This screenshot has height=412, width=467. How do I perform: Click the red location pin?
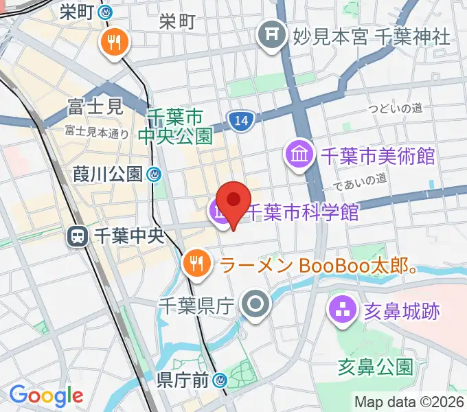(234, 201)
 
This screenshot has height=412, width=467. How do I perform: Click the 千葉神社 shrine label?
(412, 34)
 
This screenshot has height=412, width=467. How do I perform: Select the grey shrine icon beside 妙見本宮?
(272, 33)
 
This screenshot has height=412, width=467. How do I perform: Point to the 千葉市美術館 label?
(378, 155)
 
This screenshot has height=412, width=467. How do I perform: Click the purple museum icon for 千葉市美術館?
(300, 154)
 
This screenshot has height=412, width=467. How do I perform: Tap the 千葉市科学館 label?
(302, 212)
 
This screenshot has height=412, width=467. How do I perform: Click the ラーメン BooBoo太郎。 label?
(319, 264)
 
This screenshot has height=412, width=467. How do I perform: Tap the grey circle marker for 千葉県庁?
(256, 304)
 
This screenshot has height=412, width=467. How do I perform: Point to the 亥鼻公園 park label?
(375, 366)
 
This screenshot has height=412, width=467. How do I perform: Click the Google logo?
(46, 395)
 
